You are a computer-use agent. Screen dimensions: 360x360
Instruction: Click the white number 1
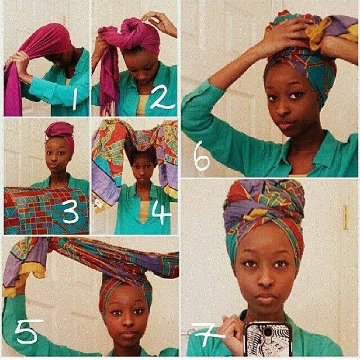pyautogui.click(x=75, y=99)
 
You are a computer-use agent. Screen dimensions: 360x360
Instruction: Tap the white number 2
pyautogui.click(x=161, y=97)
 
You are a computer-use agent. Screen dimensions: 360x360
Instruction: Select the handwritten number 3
pyautogui.click(x=71, y=211)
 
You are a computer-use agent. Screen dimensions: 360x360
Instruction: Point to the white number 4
pyautogui.click(x=161, y=213)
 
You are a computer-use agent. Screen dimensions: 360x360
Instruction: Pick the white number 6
pyautogui.click(x=201, y=156)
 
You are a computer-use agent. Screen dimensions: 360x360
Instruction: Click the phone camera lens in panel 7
pyautogui.click(x=268, y=332)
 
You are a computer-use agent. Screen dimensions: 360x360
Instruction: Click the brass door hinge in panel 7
pyautogui.click(x=345, y=217)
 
